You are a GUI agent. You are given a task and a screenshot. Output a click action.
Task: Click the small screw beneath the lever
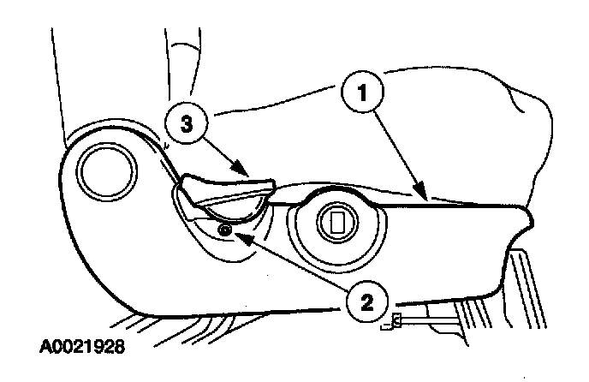[x=225, y=229]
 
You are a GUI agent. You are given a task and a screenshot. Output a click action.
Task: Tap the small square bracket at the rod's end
[x=396, y=320]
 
